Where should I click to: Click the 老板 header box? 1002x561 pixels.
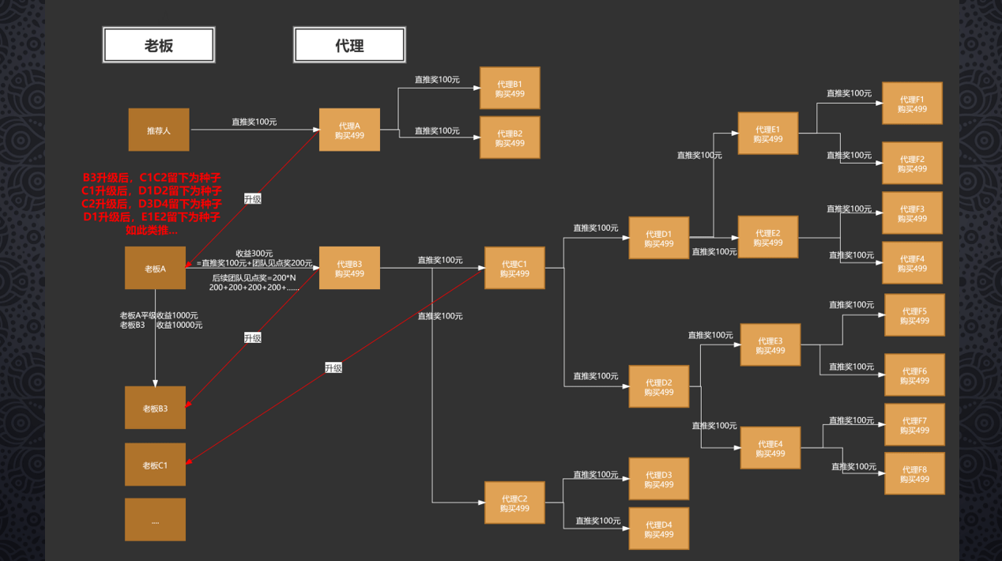click(159, 45)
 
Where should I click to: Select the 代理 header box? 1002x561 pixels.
click(349, 45)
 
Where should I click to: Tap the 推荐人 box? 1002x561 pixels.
click(159, 130)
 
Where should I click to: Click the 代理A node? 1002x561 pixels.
click(349, 130)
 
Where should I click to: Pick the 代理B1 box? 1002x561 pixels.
click(510, 88)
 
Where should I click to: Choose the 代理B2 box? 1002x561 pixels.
click(510, 138)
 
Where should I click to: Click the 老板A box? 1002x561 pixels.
click(155, 268)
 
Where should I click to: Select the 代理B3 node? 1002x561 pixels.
click(349, 268)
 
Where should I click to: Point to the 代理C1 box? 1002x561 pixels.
click(514, 268)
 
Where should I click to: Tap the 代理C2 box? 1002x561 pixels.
click(514, 503)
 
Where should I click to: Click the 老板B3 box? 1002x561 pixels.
click(155, 408)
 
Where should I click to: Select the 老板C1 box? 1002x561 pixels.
click(155, 465)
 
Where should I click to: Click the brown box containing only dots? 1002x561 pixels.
click(155, 520)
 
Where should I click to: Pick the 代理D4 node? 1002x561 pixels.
click(659, 529)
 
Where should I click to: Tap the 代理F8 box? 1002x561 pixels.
click(914, 474)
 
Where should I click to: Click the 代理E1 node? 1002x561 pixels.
click(768, 134)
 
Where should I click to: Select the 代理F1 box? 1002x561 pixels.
click(912, 104)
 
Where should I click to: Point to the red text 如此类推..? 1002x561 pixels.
click(152, 231)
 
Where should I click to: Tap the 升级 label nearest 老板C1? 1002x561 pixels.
click(333, 368)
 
